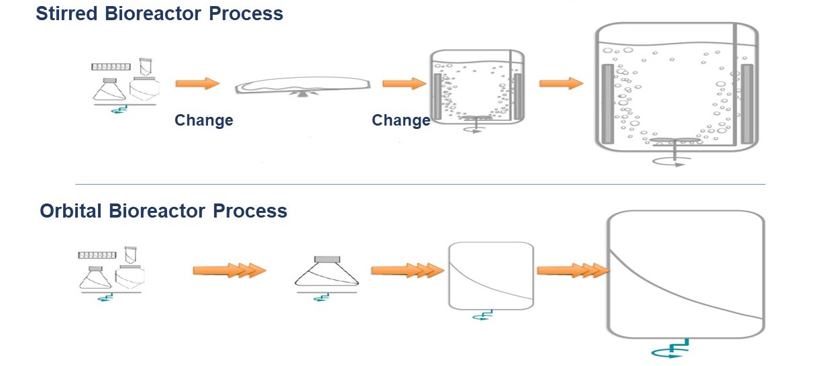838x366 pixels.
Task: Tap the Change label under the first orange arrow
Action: [x=204, y=121]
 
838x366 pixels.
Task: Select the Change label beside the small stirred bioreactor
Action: [x=401, y=121]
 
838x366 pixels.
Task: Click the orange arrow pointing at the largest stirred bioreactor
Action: [x=561, y=83]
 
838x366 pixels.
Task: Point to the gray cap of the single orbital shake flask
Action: [x=327, y=259]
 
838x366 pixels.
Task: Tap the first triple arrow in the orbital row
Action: [x=229, y=270]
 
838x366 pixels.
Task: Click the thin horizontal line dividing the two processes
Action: [x=419, y=184]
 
